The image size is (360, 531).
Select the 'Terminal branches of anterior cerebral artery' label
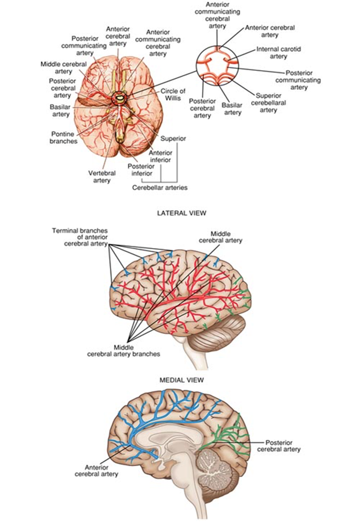(x=80, y=236)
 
